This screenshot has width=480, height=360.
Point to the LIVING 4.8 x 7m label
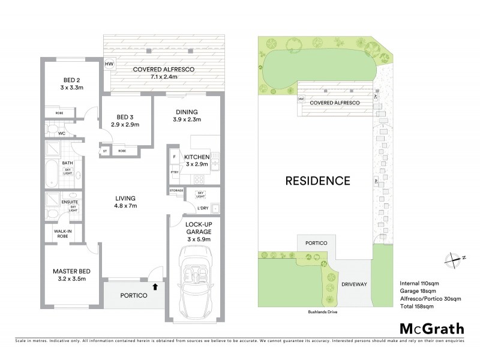tap(126, 202)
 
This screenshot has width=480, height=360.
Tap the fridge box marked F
tap(175, 157)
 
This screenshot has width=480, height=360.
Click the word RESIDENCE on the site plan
tap(317, 180)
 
